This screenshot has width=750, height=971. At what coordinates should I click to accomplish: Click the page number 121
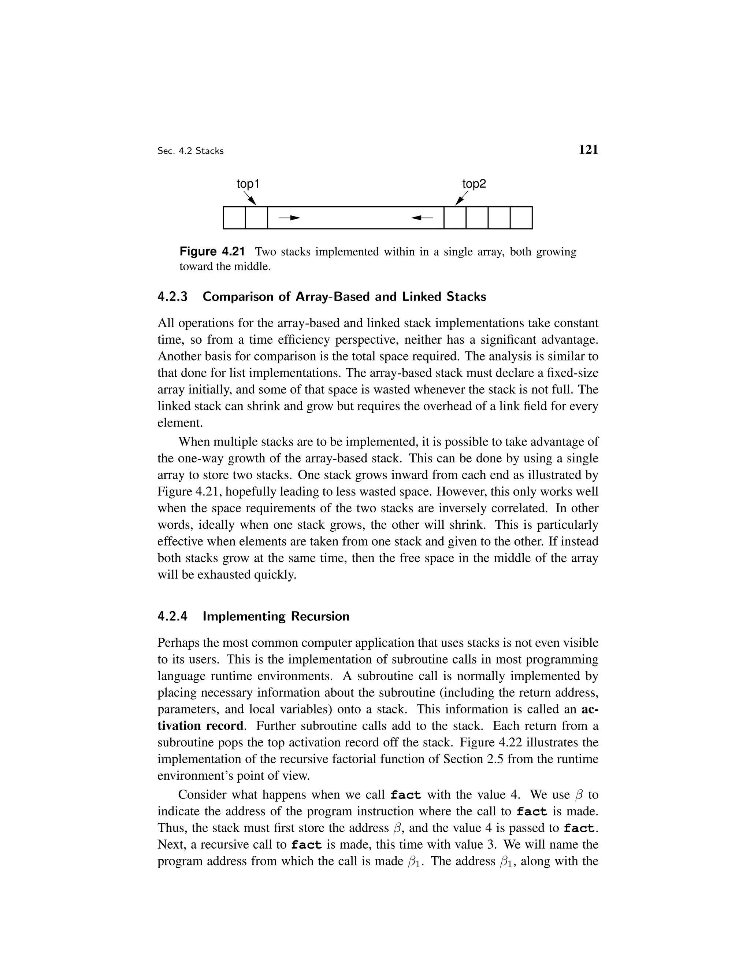coord(588,150)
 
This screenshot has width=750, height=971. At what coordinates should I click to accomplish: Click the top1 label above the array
coord(248,184)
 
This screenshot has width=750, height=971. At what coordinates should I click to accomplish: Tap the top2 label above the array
coord(474,184)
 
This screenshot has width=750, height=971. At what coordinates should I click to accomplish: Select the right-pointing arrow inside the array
coord(289,218)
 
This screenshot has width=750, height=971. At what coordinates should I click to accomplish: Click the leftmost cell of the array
coord(234,218)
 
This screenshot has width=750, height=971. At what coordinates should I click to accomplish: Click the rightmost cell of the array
coord(521,218)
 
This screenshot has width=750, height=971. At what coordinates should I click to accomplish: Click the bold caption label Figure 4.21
coord(212,252)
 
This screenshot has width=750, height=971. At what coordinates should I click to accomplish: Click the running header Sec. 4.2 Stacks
coord(190,151)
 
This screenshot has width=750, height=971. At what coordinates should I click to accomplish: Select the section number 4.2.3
coord(173,297)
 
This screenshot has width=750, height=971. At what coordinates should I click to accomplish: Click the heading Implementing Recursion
coord(275,617)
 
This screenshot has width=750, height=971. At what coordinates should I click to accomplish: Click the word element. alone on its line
coord(180,423)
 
